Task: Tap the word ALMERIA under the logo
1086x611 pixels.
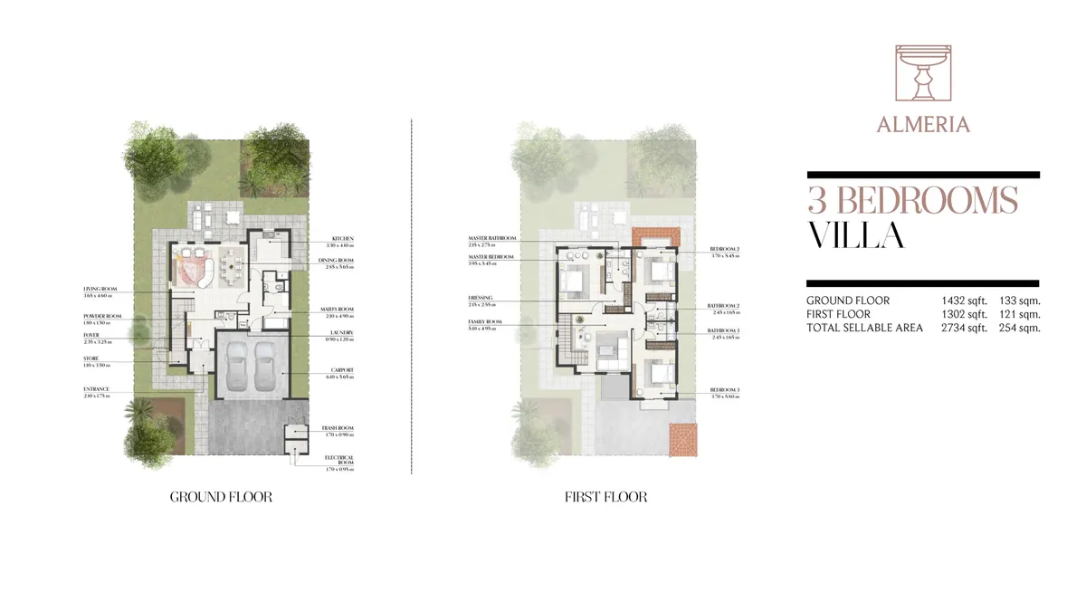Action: (923, 125)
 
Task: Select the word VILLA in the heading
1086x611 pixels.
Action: (855, 235)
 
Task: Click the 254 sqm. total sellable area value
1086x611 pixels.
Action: (1020, 328)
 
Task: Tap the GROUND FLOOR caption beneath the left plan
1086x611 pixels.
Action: (221, 497)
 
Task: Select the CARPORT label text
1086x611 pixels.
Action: (342, 369)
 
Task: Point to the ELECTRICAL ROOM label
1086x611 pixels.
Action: (338, 461)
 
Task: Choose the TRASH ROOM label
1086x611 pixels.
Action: (338, 428)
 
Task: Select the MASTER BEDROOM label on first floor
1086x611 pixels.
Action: (491, 257)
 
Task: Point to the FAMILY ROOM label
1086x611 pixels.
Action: (485, 322)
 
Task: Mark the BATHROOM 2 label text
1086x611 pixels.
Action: (724, 306)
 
